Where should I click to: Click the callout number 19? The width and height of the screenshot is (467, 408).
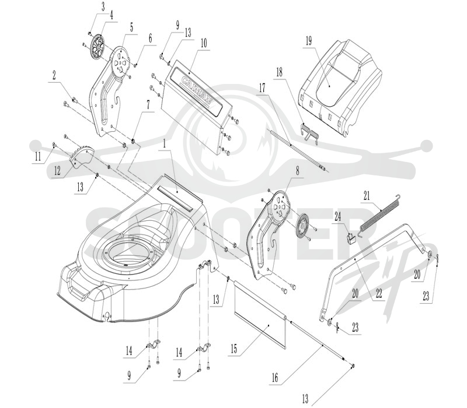click(309, 41)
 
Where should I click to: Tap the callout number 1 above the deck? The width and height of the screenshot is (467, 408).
click(163, 145)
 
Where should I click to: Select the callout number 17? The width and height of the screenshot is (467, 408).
click(262, 88)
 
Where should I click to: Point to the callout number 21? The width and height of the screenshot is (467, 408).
click(367, 196)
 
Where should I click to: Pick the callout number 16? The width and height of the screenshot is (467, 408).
click(274, 378)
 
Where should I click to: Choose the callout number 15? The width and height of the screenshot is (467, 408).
click(234, 349)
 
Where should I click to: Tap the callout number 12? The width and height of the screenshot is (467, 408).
click(57, 171)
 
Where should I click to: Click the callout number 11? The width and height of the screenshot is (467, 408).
click(38, 157)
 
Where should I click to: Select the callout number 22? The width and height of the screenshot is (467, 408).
click(378, 293)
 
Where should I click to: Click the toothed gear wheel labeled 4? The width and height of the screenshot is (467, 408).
click(97, 48)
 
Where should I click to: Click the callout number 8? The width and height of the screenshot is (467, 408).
click(297, 171)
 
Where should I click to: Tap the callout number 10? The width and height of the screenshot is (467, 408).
click(203, 43)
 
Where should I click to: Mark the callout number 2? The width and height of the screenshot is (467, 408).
click(54, 75)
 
